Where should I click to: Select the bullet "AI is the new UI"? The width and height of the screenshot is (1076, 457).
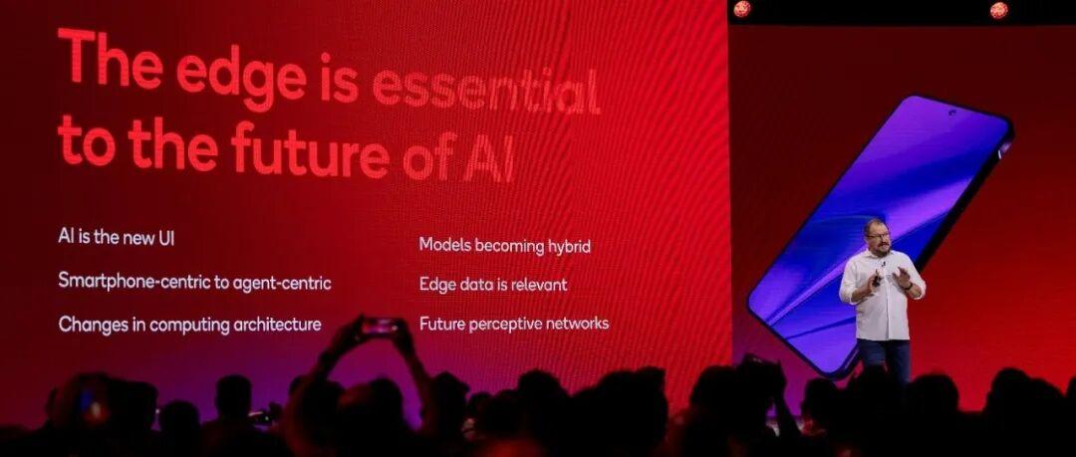pyautogui.click(x=116, y=237)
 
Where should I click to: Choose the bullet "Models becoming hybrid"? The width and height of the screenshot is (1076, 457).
pyautogui.click(x=504, y=246)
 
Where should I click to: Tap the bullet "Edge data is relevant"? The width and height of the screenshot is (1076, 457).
pyautogui.click(x=493, y=284)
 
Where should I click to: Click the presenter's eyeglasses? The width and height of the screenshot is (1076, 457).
pyautogui.click(x=879, y=235)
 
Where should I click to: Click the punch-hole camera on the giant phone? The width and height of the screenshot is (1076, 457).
pyautogui.click(x=951, y=113)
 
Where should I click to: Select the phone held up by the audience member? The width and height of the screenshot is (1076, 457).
pyautogui.click(x=380, y=326)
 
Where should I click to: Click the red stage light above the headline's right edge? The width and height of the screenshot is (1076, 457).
pyautogui.click(x=742, y=8)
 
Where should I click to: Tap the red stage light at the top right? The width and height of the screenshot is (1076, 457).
pyautogui.click(x=998, y=10)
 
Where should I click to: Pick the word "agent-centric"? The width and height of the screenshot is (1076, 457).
pyautogui.click(x=282, y=283)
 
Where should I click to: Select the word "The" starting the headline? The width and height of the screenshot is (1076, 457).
pyautogui.click(x=111, y=59)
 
